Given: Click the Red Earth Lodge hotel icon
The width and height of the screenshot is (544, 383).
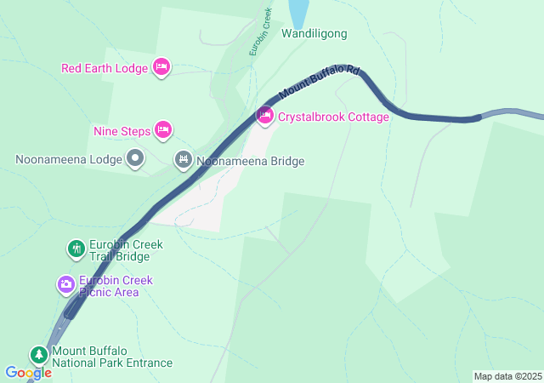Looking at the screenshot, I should [161, 67].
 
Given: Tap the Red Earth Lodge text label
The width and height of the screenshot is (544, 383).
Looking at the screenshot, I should [105, 68].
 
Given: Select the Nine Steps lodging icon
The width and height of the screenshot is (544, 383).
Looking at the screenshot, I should [164, 130].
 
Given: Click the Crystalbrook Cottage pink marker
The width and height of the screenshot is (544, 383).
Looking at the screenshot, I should [265, 116].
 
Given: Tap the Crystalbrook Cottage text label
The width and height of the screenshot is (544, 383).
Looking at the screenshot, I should [333, 117].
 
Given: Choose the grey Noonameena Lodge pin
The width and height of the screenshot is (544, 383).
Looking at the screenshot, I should [135, 158].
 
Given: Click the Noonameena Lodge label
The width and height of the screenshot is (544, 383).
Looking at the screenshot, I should [69, 159].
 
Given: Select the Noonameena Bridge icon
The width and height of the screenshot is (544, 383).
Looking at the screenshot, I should [184, 159].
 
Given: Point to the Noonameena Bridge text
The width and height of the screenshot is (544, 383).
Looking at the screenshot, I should [250, 160].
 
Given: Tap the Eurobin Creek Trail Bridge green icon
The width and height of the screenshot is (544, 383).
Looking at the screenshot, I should [76, 249].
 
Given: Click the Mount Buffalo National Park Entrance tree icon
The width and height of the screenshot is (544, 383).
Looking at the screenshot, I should [38, 355].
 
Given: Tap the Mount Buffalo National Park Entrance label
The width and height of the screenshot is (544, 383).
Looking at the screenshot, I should [111, 357].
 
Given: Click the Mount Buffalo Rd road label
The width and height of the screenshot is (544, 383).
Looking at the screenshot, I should [320, 83].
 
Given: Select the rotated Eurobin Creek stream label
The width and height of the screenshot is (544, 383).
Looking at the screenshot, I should [260, 32].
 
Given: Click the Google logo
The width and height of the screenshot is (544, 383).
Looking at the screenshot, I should [28, 372].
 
